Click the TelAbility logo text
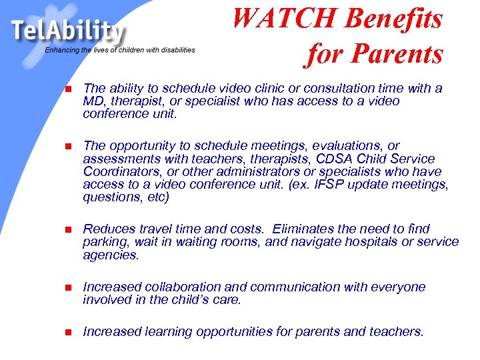coord(67,31)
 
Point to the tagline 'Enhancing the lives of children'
coord(120,50)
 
